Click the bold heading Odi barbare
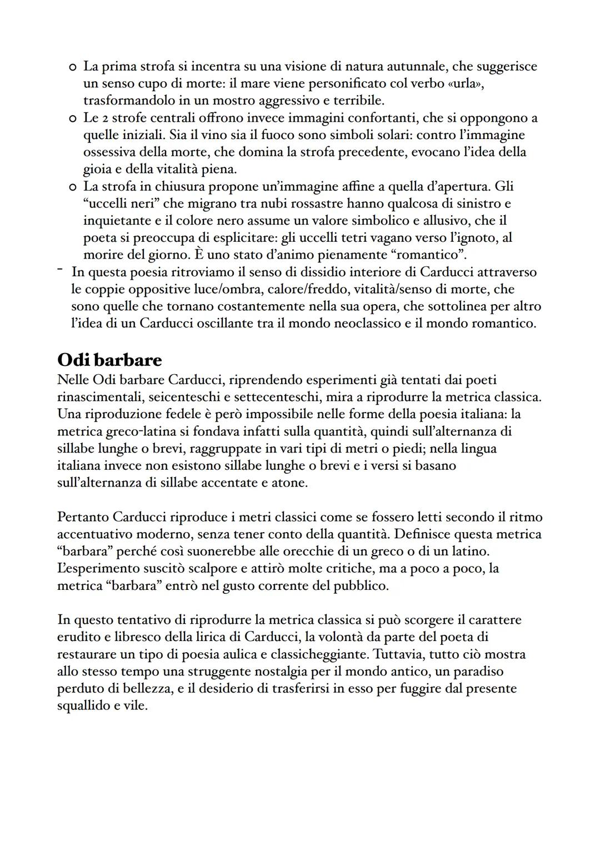click(x=109, y=360)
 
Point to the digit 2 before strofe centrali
click(x=101, y=118)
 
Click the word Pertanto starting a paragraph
click(x=83, y=517)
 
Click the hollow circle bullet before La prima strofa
click(x=72, y=67)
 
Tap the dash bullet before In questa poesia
click(x=59, y=271)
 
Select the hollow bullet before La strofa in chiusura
click(x=72, y=187)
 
